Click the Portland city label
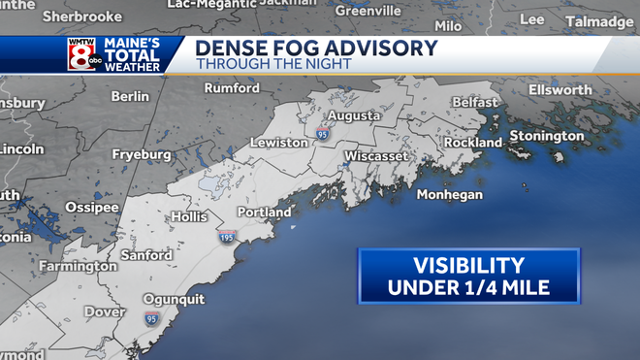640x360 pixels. pos(264,212)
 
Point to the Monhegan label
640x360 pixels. pos(449,195)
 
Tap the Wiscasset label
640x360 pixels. pos(379,155)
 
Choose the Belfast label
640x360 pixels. pos(474,102)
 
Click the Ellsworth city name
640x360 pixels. pos(560,89)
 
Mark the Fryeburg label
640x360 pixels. pos(141,154)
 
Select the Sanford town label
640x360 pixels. pos(146,255)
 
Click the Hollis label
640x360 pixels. pos(190,216)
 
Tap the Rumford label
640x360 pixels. pos(233,89)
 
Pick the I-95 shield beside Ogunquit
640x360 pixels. pos(151,317)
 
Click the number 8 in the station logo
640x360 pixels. pos(81,53)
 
